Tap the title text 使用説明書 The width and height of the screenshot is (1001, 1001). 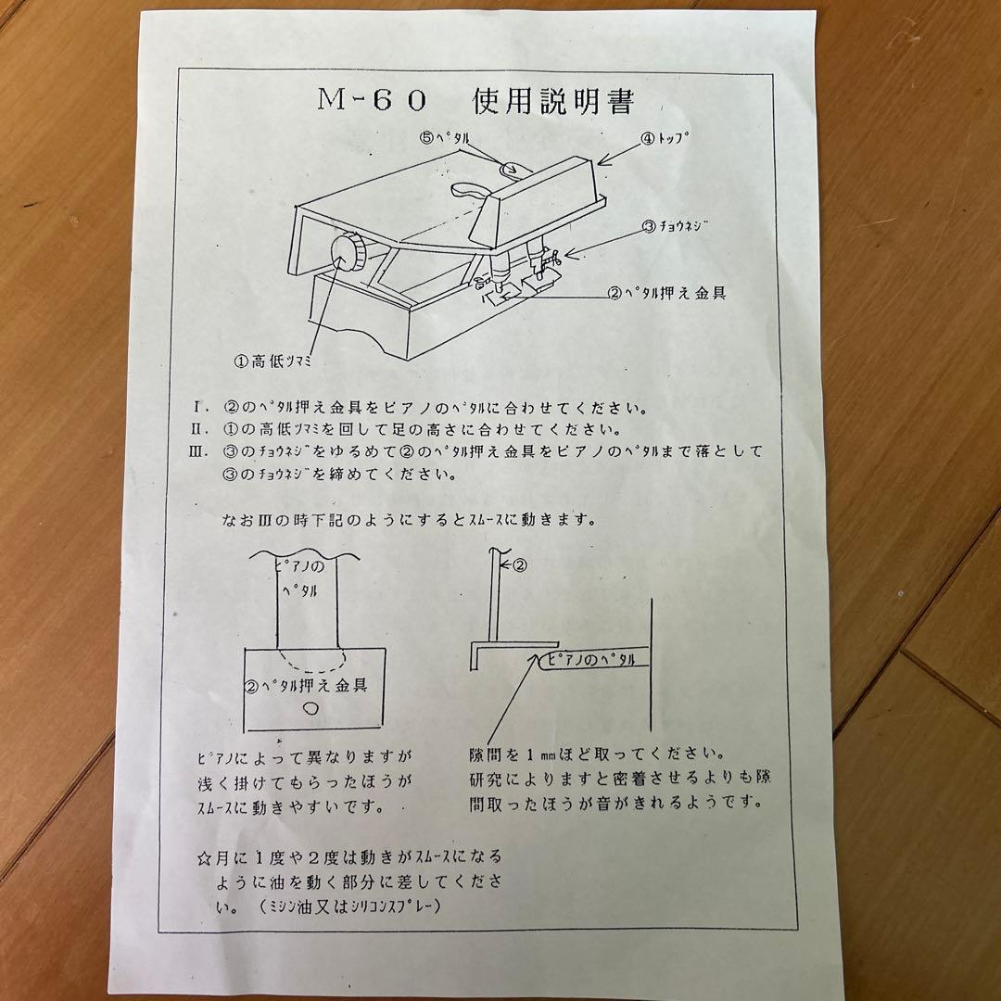tap(553, 100)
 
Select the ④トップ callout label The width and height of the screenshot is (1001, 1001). tap(666, 140)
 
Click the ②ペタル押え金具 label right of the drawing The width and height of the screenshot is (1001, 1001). tap(665, 293)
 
